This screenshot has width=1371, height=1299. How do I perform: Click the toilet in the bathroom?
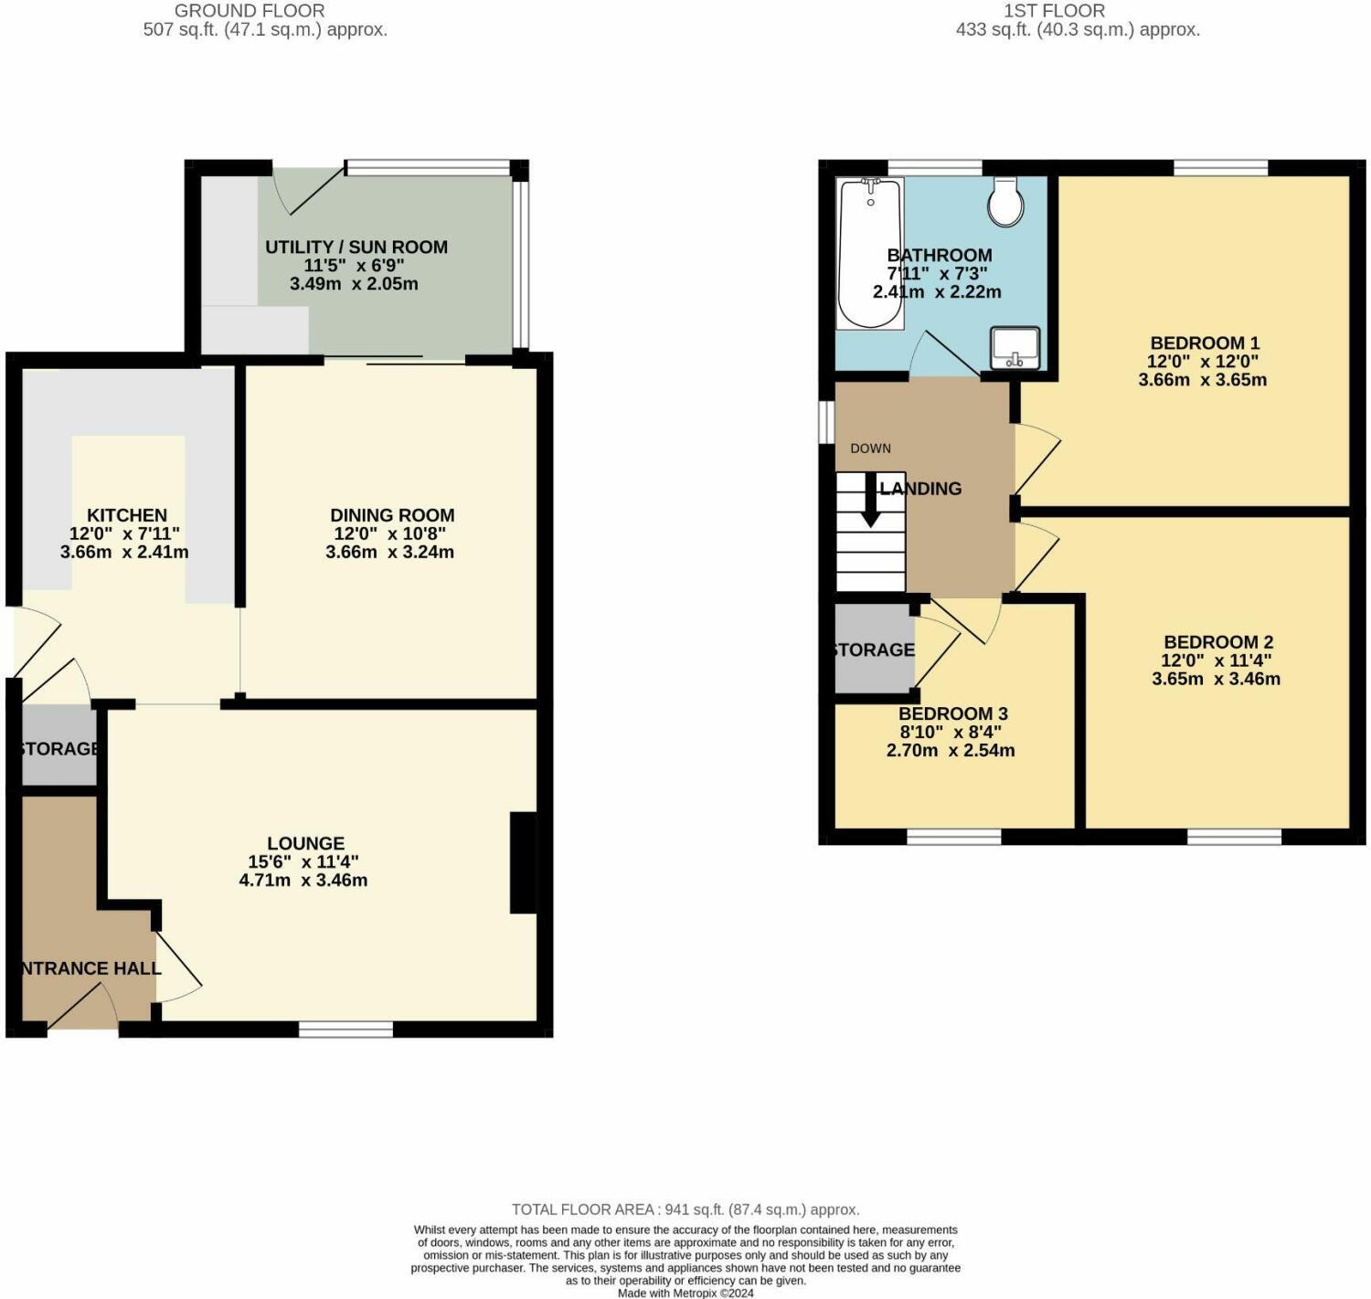click(1005, 202)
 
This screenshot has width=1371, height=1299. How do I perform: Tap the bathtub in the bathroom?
click(870, 253)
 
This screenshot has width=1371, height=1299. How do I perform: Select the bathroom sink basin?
click(1015, 347)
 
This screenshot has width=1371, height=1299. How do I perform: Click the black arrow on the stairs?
click(870, 501)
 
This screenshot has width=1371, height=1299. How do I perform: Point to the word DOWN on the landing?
click(870, 449)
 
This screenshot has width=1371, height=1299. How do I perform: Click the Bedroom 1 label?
click(1204, 343)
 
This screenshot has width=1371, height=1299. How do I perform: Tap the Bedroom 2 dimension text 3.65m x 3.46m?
click(1216, 679)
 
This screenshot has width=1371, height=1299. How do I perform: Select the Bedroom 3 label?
click(952, 713)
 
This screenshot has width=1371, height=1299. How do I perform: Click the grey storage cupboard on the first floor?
click(874, 649)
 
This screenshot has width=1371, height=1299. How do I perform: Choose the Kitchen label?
click(126, 515)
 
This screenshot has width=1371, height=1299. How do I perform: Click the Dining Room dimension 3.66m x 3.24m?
click(389, 552)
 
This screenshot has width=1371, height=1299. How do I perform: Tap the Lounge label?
click(305, 843)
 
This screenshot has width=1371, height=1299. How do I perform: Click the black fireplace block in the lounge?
click(523, 862)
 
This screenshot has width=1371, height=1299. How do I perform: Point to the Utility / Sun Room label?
click(356, 247)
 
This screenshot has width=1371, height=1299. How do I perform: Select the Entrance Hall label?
click(89, 968)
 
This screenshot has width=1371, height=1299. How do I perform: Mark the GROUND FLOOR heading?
click(250, 11)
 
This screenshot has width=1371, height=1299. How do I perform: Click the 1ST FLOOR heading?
click(1054, 11)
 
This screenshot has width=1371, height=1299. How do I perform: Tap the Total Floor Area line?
click(685, 1209)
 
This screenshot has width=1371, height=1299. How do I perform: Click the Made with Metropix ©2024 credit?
click(685, 1293)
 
